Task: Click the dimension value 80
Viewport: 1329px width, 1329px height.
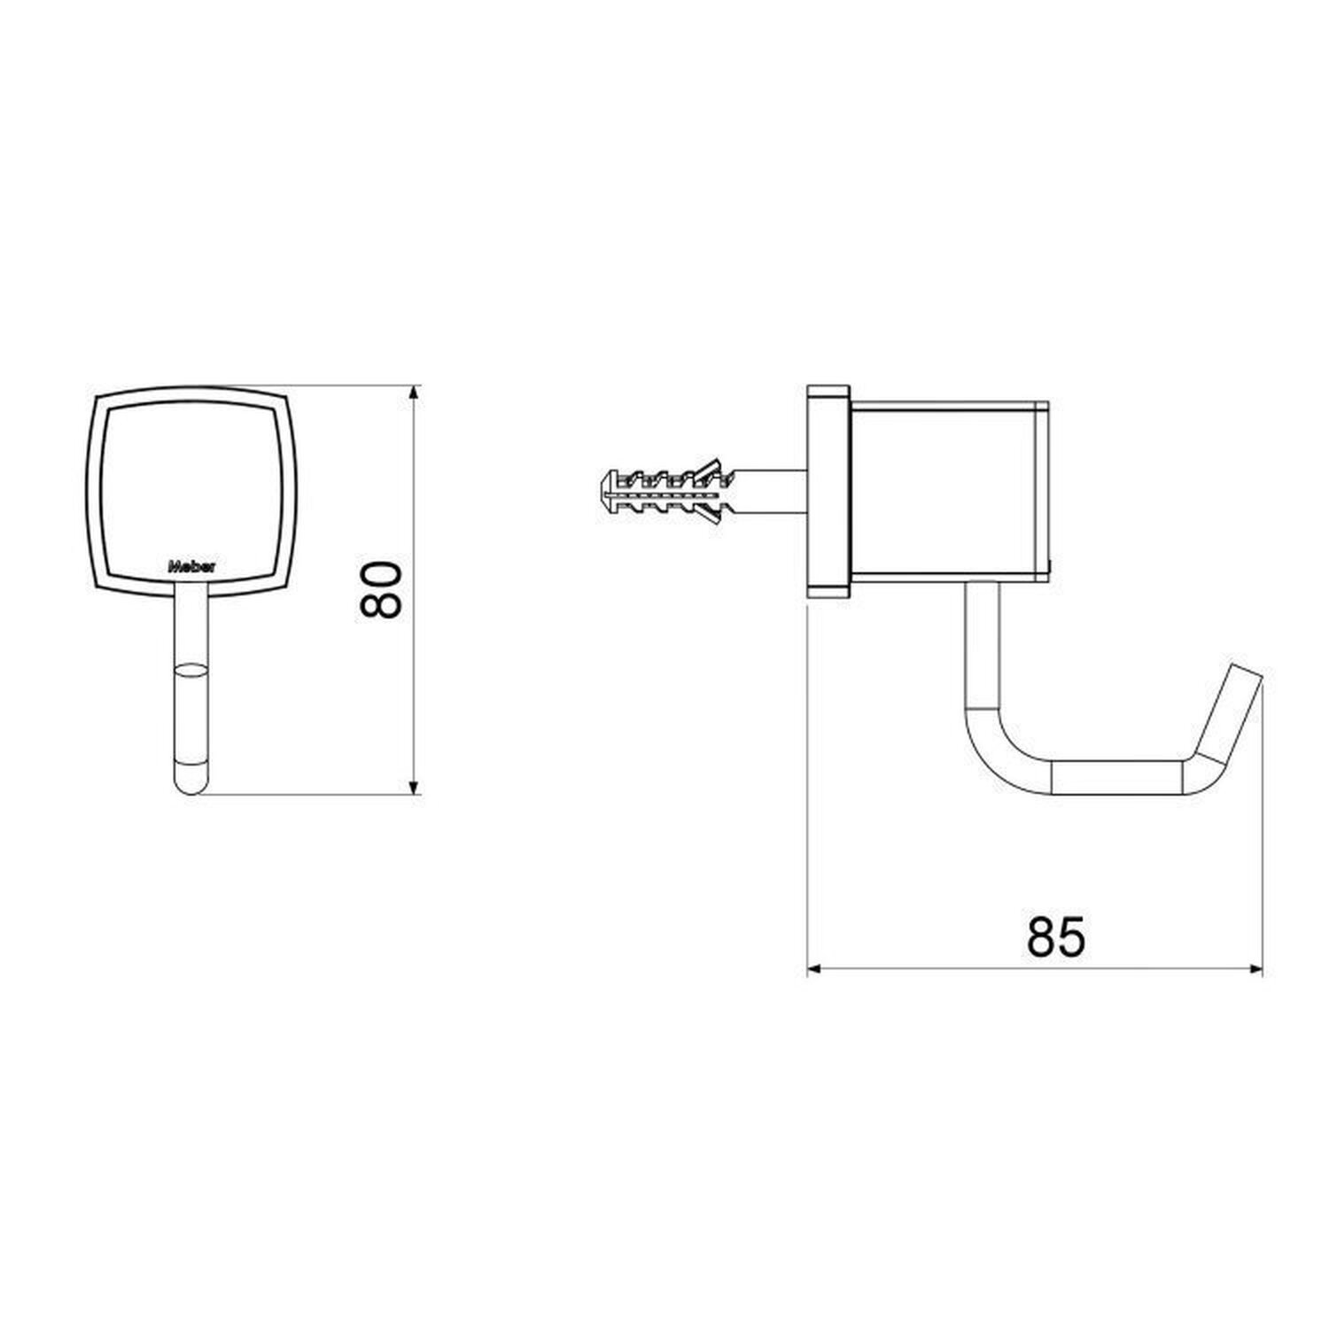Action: [382, 588]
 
